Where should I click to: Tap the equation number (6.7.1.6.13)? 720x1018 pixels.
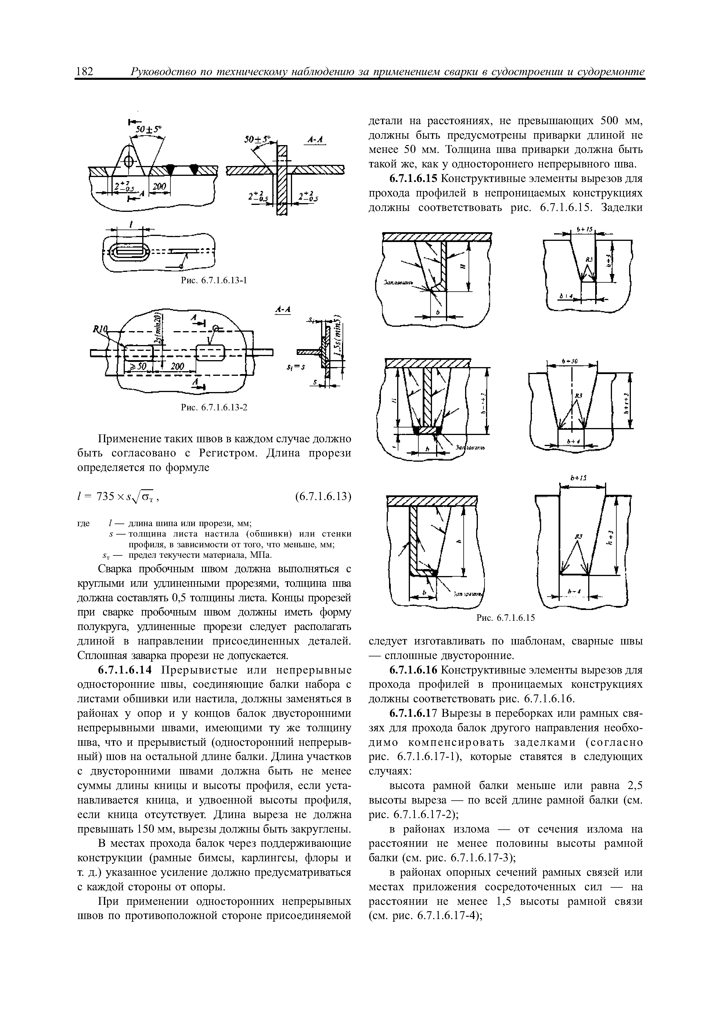pyautogui.click(x=323, y=496)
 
